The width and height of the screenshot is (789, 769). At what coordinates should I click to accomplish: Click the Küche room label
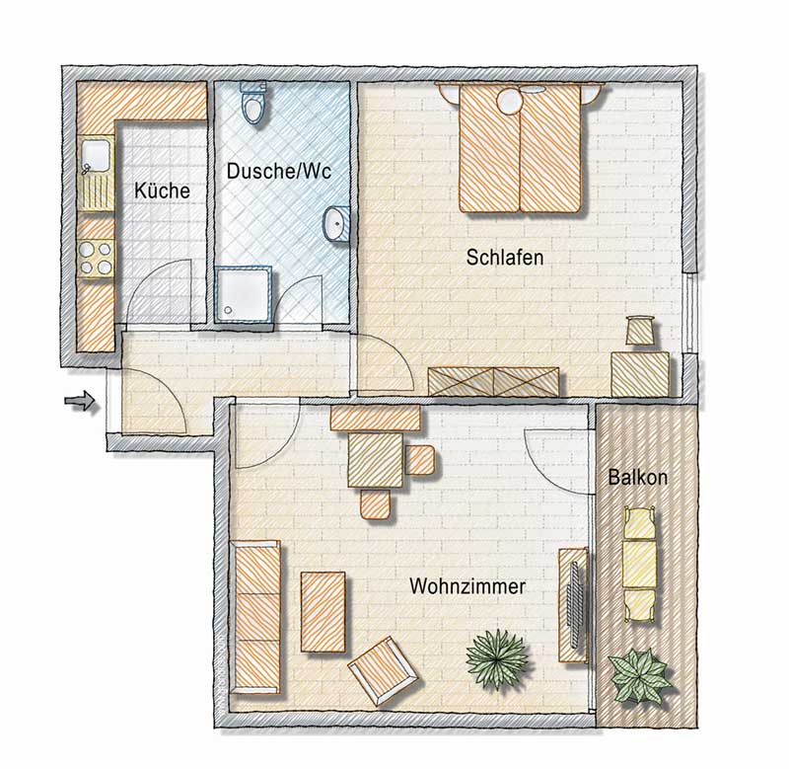[162, 191]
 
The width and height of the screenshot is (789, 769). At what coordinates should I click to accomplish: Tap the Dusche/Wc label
[279, 171]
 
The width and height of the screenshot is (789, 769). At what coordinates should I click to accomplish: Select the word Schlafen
[505, 258]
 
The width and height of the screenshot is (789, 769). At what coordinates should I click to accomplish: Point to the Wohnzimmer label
[467, 586]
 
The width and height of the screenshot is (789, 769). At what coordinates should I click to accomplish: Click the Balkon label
[637, 477]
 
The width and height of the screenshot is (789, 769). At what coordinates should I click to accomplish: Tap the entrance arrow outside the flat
[80, 401]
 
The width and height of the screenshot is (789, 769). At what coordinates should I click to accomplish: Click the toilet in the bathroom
[253, 104]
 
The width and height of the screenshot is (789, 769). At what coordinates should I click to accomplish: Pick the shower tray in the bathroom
[245, 294]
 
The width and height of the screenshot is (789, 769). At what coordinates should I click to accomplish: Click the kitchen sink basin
[97, 156]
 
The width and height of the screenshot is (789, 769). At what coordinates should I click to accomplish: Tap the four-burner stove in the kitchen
[96, 258]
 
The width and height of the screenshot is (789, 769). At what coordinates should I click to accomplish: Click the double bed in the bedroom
[522, 147]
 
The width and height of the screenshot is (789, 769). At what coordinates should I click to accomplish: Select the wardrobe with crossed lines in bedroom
[493, 381]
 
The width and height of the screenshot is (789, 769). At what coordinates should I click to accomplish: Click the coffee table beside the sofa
[323, 611]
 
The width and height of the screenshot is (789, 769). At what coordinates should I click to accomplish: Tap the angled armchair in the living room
[383, 671]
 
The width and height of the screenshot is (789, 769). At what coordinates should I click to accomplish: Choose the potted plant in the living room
[498, 659]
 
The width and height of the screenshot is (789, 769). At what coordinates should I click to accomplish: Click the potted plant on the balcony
[640, 676]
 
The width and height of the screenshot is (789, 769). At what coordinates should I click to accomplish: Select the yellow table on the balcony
[639, 564]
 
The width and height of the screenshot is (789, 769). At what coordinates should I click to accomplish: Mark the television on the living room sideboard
[576, 604]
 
